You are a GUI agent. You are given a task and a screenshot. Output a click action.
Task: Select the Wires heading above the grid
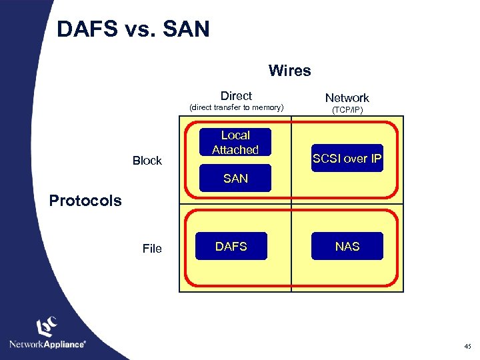click(289, 71)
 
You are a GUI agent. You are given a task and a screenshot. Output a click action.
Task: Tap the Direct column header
click(236, 95)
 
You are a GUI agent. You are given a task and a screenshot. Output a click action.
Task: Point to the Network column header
click(347, 97)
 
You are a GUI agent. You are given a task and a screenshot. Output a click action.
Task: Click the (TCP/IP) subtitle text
click(347, 110)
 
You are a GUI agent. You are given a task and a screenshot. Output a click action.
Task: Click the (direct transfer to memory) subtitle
click(237, 107)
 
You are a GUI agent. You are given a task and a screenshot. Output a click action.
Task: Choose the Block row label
click(147, 161)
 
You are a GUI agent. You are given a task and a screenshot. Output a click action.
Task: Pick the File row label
click(152, 249)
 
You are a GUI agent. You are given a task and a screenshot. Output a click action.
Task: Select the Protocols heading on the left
click(85, 201)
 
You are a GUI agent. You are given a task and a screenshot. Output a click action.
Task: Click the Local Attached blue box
click(235, 143)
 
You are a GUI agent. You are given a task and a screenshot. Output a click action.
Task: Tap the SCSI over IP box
click(347, 159)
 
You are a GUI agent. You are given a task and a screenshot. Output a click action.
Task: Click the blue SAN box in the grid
click(236, 179)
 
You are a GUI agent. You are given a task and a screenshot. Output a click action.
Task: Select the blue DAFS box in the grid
click(231, 247)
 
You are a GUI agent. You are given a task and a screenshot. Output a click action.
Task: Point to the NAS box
click(347, 247)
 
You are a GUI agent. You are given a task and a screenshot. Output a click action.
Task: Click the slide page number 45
click(467, 345)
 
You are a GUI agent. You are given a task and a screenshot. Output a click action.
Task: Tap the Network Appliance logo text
click(47, 344)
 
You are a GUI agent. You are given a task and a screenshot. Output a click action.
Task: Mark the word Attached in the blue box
click(235, 150)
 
